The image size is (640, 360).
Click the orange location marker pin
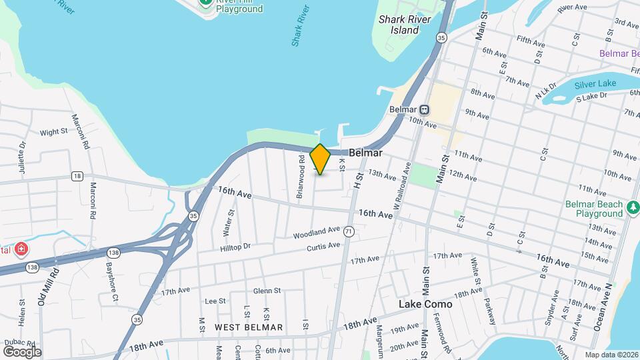pos(321,159)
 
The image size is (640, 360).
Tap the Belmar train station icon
pos(425,109)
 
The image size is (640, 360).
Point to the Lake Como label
pos(425,304)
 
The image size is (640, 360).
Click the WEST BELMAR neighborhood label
pos(249,327)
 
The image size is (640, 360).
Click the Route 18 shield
pos(78,176)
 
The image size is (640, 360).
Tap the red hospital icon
pos(22,249)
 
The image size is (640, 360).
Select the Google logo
pos(22,351)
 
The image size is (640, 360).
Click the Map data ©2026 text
pos(611,355)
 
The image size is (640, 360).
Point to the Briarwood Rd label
pos(301,169)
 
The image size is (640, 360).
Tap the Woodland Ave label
pos(317,233)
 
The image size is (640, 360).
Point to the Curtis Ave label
pos(323,247)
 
